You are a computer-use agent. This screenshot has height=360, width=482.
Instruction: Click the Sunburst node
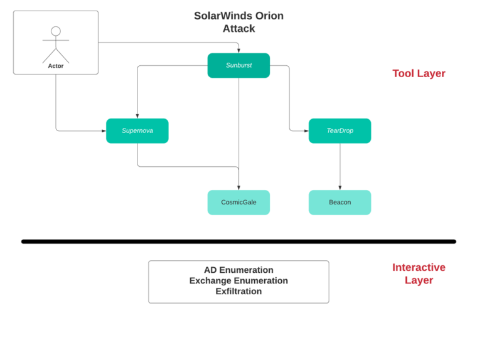pos(238,65)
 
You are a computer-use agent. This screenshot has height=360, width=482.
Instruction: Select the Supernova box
pos(137,130)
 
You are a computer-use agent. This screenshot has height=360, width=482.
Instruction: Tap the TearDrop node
pos(340,130)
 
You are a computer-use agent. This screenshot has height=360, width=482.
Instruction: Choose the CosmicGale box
pos(238,203)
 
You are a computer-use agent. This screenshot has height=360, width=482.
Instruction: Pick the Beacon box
pos(340,203)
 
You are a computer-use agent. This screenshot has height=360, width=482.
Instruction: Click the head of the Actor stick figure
pos(56,31)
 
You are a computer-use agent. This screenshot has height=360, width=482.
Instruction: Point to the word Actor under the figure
pos(56,66)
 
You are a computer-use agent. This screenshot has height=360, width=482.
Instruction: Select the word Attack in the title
pos(238,28)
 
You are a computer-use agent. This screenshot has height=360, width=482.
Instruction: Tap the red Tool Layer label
pos(419,73)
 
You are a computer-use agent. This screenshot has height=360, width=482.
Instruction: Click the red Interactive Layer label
pos(419,273)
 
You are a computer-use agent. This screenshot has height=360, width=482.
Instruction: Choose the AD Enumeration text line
pos(238,270)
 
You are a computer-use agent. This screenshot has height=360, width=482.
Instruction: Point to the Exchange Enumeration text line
pos(238,281)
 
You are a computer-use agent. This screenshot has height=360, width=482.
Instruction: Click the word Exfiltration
pos(238,292)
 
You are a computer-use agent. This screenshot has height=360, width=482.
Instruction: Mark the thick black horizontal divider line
pos(238,241)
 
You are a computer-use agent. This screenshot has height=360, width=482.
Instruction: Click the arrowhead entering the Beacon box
pos(340,188)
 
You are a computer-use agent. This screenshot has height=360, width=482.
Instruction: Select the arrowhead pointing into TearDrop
pos(306,130)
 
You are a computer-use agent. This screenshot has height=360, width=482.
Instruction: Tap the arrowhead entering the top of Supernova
pos(137,115)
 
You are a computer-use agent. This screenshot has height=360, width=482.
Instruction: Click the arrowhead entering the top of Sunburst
pos(238,50)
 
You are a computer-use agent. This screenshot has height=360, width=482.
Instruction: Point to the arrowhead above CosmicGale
pos(238,188)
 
